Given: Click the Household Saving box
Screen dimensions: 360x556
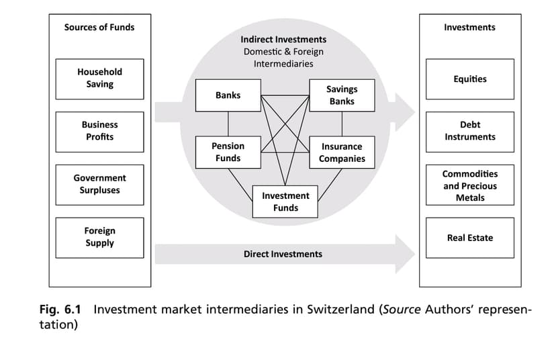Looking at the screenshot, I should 99,78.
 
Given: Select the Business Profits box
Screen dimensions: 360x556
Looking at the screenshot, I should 99,131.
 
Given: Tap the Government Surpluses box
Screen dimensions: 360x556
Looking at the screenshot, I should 99,184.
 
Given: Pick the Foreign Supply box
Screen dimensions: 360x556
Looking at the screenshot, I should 99,237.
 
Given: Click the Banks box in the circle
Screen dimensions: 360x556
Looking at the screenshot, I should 228,95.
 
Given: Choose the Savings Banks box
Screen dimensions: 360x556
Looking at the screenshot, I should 342,95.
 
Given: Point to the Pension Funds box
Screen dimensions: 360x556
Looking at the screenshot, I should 228,152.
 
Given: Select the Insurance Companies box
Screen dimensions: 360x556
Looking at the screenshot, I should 342,152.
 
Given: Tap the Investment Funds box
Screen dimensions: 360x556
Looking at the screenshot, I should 285,201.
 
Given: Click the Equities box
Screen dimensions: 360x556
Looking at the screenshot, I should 469,79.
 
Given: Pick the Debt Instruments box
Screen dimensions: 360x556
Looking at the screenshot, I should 469,131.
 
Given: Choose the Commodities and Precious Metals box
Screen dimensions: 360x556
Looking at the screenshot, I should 469,185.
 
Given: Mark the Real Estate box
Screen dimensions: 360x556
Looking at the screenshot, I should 469,238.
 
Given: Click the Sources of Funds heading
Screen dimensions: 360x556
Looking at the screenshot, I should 99,28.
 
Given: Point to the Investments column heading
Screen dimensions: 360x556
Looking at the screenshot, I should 469,28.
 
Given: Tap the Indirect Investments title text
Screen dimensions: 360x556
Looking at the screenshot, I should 283,40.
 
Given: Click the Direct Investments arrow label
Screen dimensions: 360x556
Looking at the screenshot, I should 283,254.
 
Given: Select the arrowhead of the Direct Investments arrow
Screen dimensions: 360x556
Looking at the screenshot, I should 405,254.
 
